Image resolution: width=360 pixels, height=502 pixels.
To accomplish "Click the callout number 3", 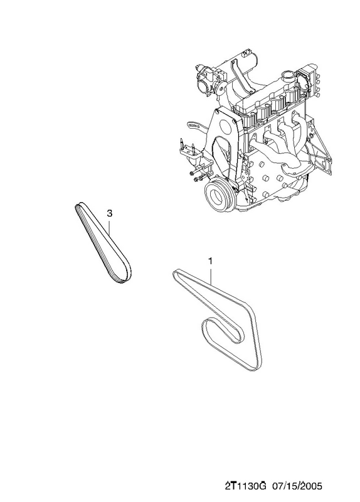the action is [109, 213].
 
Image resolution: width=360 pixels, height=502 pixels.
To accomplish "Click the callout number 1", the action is [210, 261].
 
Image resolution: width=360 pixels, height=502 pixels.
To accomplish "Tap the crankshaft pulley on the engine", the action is [220, 195].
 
